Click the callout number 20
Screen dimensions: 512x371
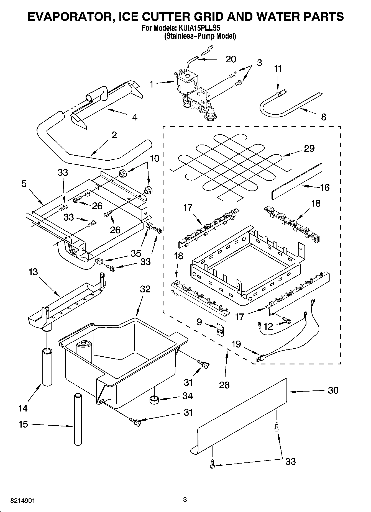(231, 59)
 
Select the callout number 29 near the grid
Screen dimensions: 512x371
(309, 148)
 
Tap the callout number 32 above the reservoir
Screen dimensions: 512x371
(145, 289)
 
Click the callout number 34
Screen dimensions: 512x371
(188, 396)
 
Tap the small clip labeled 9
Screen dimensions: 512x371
(221, 330)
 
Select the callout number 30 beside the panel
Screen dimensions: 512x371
(333, 390)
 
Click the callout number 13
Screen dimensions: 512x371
(33, 272)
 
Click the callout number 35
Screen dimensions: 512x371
(136, 253)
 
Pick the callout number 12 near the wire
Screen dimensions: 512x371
(268, 326)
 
